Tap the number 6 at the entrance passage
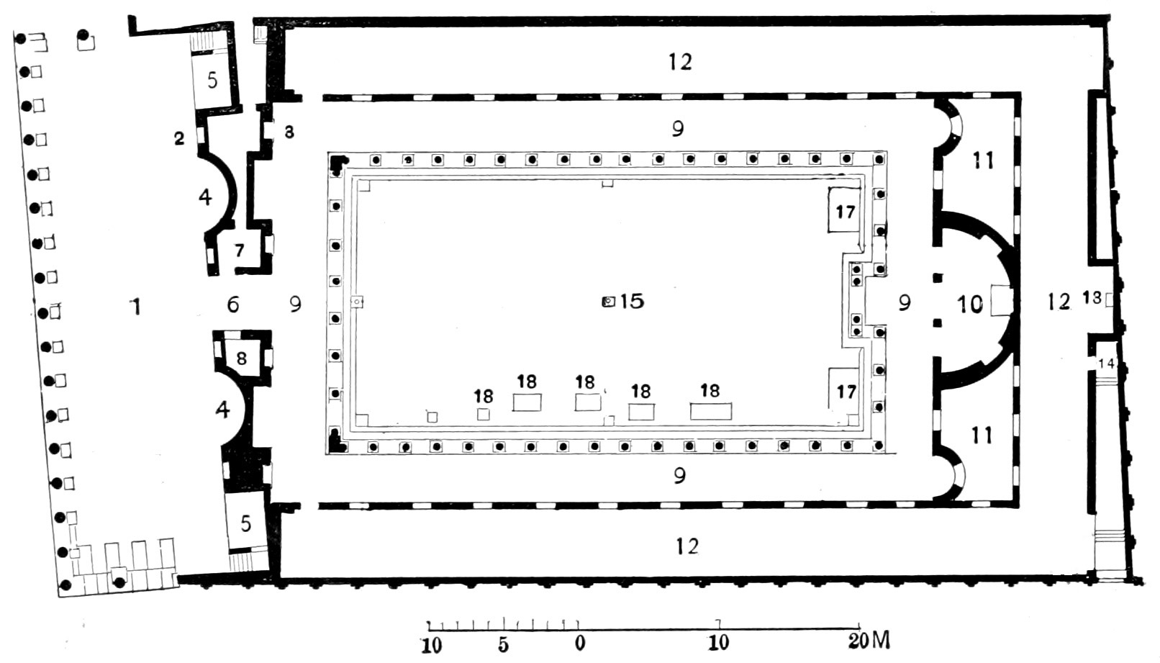tap(233, 305)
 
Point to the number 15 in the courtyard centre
tap(632, 301)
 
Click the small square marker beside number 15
tap(609, 302)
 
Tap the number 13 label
tap(1092, 298)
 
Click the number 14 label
tap(1106, 364)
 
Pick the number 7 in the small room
tap(239, 251)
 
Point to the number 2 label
tap(179, 138)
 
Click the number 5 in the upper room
tap(212, 81)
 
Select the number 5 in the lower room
tap(245, 523)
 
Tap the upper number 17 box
tap(845, 210)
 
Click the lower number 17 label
tap(846, 392)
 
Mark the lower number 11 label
tap(982, 436)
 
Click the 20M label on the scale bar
tap(869, 642)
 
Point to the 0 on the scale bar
tap(580, 643)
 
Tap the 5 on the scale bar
tap(503, 645)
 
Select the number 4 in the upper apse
tap(206, 197)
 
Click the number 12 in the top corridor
tap(679, 62)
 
